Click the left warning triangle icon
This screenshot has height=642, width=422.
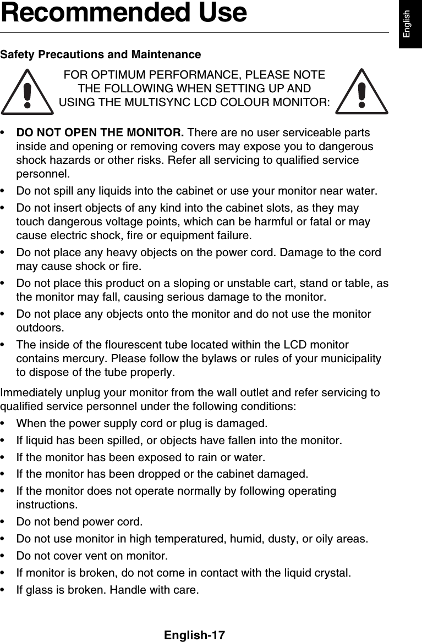[27, 93]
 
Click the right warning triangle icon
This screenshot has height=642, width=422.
[361, 93]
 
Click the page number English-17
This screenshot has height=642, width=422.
[194, 635]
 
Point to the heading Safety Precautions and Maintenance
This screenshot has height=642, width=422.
[101, 55]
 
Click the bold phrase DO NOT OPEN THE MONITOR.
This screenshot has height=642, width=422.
[100, 133]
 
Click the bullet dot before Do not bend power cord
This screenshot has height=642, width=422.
[5, 521]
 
